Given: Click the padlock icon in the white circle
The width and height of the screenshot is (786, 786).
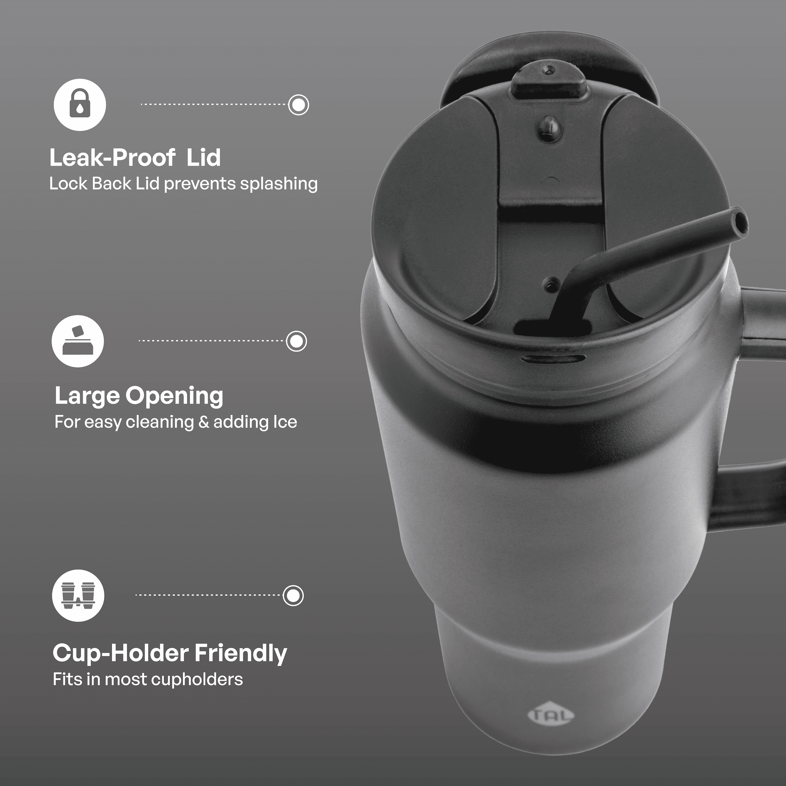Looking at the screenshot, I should pos(80,105).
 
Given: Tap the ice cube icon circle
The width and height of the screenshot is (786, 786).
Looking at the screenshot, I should pos(78,341).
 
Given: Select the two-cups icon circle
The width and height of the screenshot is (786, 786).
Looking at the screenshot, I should pos(78,595).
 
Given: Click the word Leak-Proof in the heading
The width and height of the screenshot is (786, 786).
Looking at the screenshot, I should pos(112,158).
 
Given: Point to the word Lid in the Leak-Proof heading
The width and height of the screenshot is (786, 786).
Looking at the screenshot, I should pos(203,158).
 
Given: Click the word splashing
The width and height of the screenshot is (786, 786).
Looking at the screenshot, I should pos(279,184).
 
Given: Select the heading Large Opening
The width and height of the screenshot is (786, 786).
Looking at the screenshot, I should pos(139,396).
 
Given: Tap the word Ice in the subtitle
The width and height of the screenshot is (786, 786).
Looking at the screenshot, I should pos(285,422).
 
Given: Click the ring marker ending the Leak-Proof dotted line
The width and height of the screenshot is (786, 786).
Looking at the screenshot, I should pos(299,105).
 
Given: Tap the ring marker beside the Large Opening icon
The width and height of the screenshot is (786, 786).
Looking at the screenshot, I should pos(296,341).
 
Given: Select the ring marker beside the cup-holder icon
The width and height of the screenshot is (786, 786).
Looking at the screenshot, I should pos(293,596).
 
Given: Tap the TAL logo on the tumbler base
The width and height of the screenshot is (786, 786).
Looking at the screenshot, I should pos(551,715).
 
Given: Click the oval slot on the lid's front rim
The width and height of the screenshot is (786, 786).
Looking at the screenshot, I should pos(553,358).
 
